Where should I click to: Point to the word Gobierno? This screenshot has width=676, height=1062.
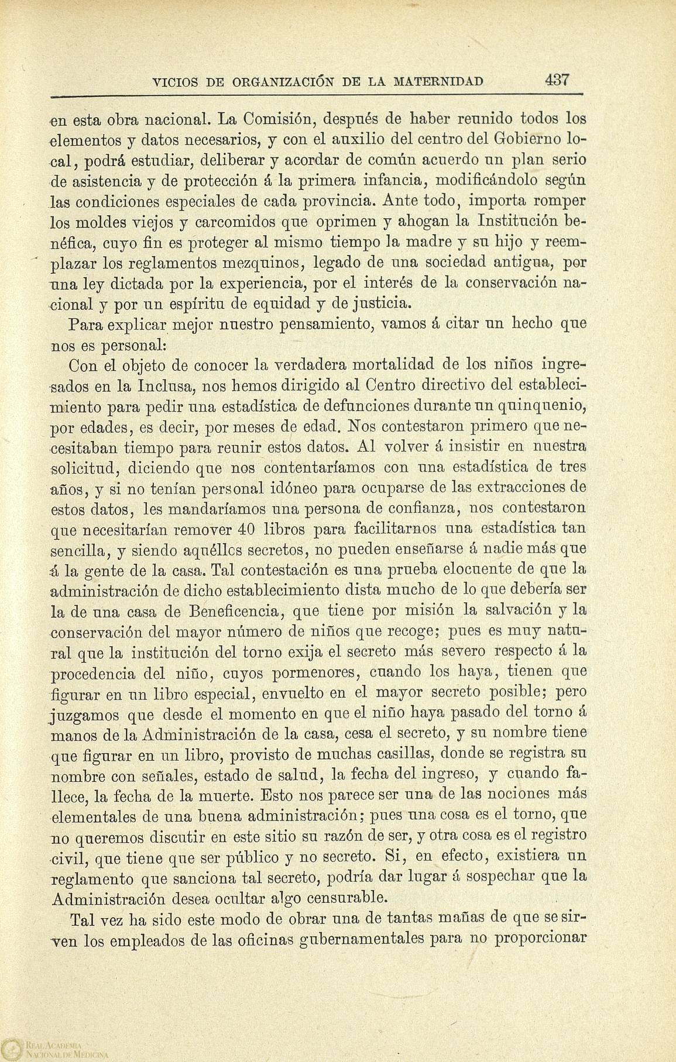[529, 140]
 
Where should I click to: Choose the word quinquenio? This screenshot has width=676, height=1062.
[541, 406]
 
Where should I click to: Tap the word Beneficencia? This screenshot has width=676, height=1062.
[236, 611]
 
